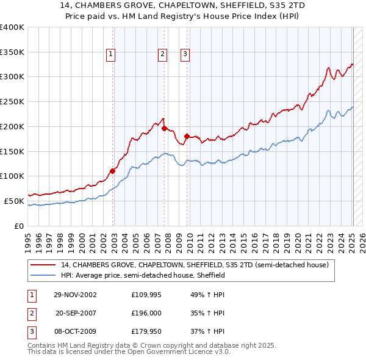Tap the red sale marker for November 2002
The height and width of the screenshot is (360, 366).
112,171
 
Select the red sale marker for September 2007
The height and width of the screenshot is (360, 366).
164,128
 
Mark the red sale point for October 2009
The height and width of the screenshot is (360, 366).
187,136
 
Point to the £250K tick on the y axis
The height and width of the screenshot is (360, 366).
12,101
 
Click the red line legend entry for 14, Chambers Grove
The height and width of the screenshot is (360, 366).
195,265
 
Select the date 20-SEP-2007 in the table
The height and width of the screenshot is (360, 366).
75,313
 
